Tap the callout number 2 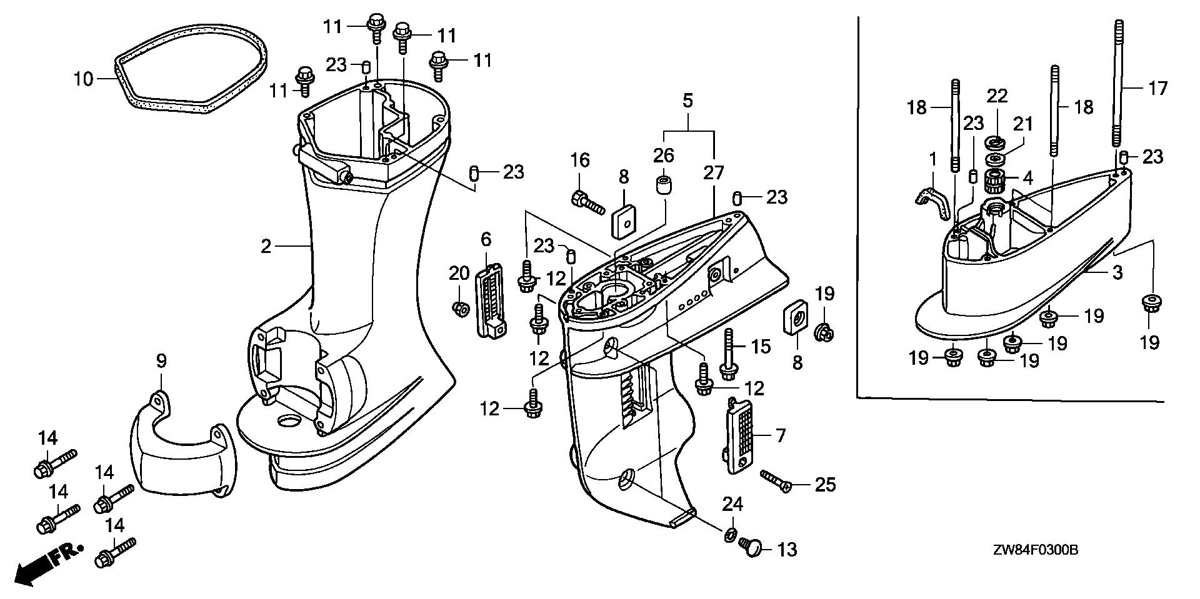266,247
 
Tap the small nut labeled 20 460,308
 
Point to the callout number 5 687,101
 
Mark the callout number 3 1117,273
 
